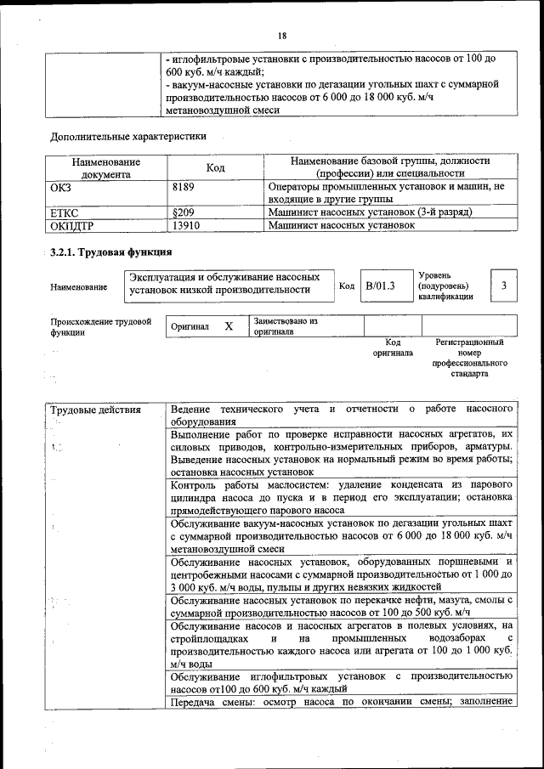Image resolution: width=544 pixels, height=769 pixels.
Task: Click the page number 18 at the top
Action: pos(282,35)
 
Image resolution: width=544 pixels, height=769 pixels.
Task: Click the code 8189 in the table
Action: pos(184,186)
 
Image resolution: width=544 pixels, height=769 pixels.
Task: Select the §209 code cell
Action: pos(184,212)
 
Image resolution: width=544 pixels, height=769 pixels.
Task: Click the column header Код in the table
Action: pos(215,167)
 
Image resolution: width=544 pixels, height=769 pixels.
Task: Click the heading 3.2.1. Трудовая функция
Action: pos(111,252)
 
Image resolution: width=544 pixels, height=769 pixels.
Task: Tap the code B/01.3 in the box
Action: pos(381,286)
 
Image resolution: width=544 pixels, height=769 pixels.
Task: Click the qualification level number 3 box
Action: pos(504,286)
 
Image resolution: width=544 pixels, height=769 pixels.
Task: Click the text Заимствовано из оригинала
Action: pos(285,326)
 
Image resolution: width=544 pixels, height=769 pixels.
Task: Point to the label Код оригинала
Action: pos(393,347)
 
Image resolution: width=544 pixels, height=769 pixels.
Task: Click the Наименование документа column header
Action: pos(106,167)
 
